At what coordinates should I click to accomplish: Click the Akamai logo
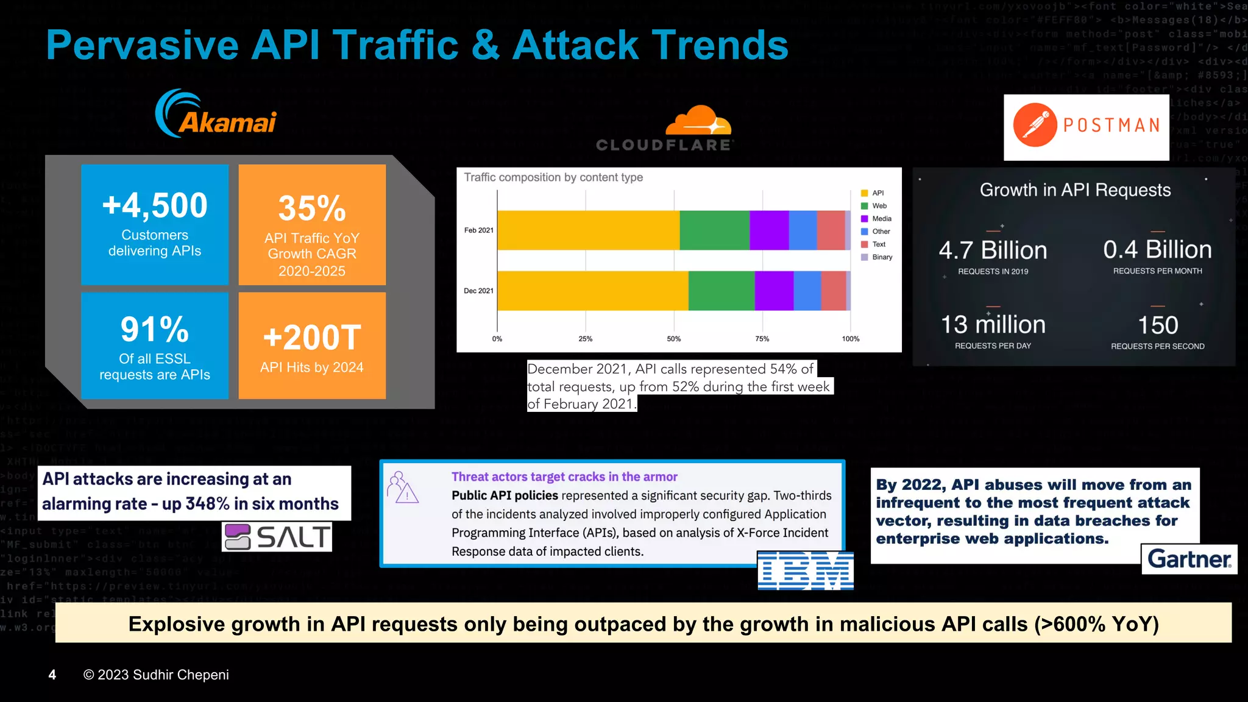click(x=216, y=115)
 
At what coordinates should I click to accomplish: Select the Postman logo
click(x=1087, y=126)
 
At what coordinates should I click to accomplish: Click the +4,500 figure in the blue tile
click(x=155, y=205)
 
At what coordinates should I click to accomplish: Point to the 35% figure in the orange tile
click(x=312, y=208)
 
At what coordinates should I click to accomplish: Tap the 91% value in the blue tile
click(x=155, y=330)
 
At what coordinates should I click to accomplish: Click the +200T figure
click(x=312, y=338)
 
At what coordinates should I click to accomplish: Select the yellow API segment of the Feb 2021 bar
click(x=588, y=230)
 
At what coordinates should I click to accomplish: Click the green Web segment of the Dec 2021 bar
click(x=721, y=291)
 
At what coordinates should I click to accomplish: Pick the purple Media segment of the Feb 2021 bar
click(x=769, y=230)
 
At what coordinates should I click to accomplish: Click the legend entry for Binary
click(x=877, y=257)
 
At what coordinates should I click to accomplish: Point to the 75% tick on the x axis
click(x=762, y=339)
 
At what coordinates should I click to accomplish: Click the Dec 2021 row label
click(x=478, y=291)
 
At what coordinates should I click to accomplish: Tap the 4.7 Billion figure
click(x=993, y=250)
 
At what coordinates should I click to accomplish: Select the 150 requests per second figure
click(x=1158, y=325)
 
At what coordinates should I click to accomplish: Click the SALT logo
click(x=277, y=537)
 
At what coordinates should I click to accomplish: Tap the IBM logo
click(x=805, y=571)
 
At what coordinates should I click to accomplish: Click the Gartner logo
click(x=1189, y=559)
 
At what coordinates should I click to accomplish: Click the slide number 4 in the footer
click(x=52, y=675)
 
